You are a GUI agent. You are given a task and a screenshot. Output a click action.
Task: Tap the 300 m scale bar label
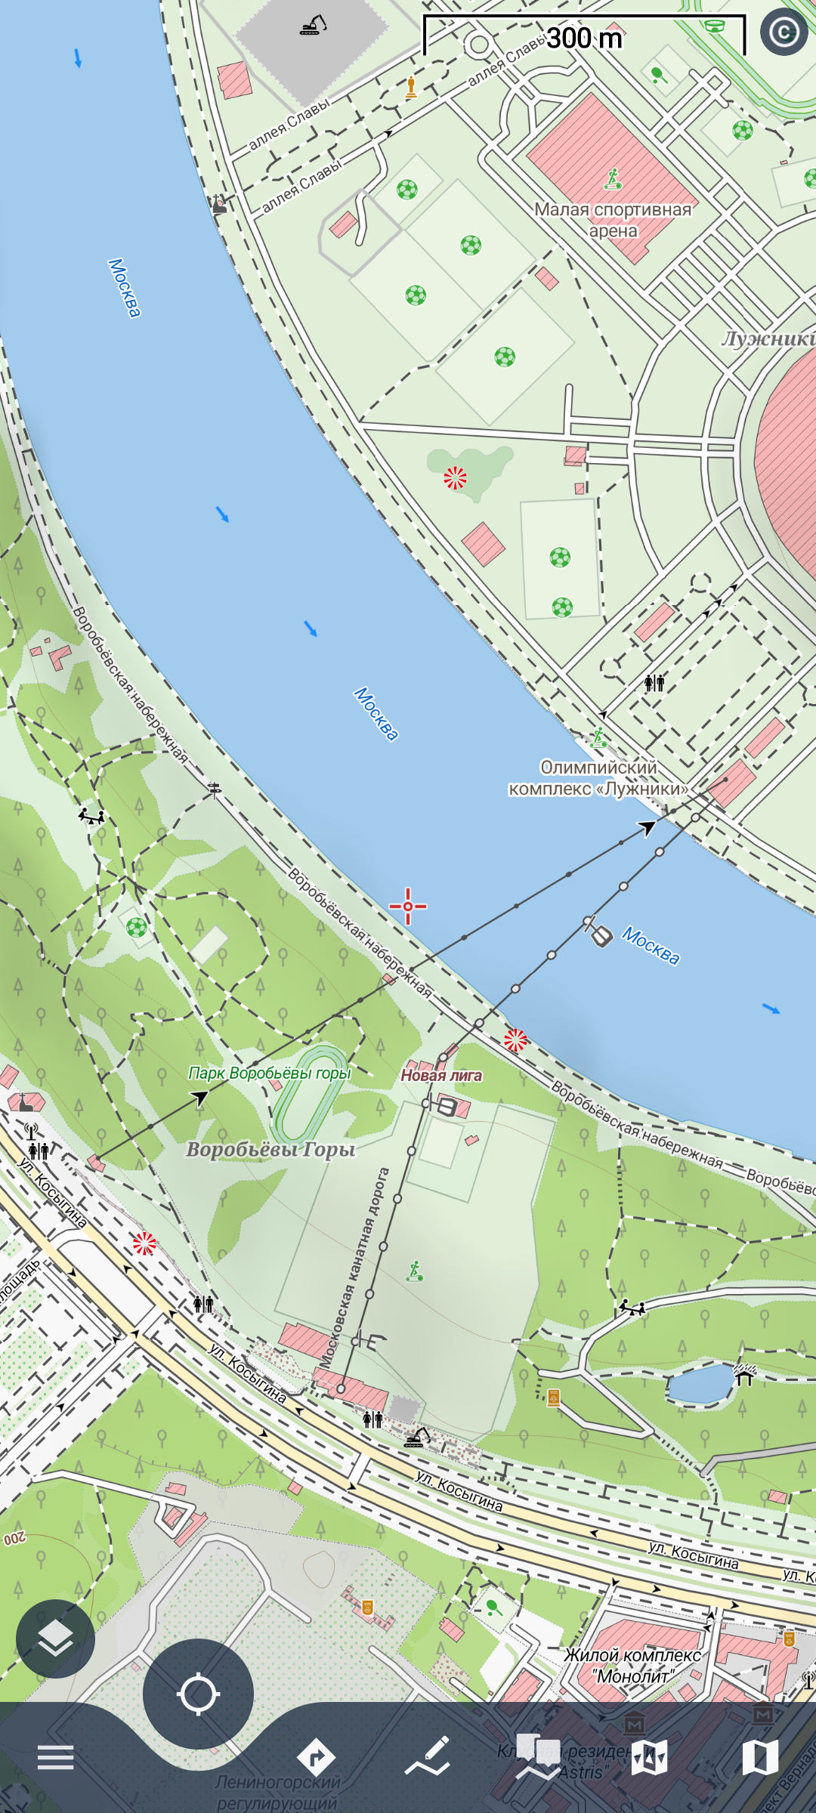pos(584,38)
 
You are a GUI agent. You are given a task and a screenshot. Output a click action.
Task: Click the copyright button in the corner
pos(784,32)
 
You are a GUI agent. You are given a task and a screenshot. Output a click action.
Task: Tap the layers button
pos(55,1638)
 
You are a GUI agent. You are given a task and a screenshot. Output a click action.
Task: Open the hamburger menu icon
pos(56,1758)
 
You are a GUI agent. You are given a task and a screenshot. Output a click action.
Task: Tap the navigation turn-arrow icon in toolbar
pos(316,1758)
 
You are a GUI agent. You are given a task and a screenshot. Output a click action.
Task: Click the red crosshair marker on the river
pos(408,906)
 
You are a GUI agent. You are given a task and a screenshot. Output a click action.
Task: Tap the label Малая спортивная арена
pos(613,220)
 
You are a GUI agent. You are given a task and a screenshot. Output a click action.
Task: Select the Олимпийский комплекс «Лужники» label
pos(598,778)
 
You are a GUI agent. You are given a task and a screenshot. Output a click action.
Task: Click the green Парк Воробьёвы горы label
pos(270,1073)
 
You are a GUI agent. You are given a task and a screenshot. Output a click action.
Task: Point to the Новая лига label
pos(441,1075)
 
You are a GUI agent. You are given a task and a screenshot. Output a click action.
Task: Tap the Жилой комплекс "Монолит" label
pos(632,1666)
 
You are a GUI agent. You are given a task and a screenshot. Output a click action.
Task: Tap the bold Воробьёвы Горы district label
pos(270,1149)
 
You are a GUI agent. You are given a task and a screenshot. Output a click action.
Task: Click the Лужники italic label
pos(768,338)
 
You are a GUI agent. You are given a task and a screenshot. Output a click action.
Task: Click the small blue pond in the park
pos(700,1382)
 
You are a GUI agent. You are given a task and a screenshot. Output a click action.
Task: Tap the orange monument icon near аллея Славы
pos(411,87)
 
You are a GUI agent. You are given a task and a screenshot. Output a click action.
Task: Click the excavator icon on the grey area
pos(313,26)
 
